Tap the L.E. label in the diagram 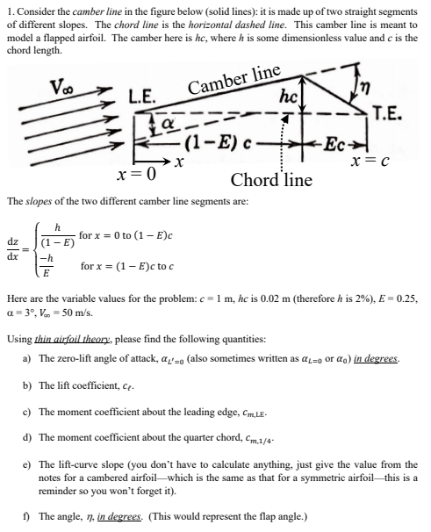[142, 99]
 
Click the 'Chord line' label [271, 180]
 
